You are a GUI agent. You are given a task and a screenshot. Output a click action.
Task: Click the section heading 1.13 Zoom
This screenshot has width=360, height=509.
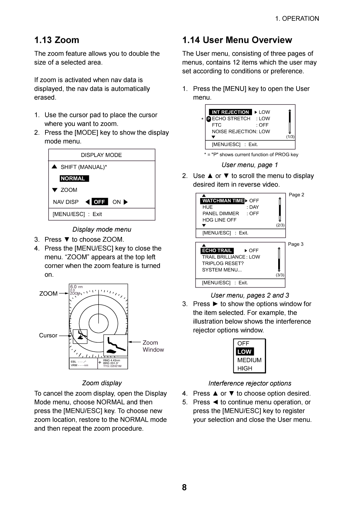[57, 40]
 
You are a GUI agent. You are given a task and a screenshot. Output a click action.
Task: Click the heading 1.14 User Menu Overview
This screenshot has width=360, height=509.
[237, 40]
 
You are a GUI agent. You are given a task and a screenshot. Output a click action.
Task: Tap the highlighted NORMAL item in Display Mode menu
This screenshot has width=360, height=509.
[74, 178]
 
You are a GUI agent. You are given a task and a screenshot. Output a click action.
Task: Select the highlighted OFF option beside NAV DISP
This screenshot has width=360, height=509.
[100, 202]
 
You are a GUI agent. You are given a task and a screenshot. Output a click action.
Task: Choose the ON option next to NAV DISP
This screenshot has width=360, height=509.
[117, 202]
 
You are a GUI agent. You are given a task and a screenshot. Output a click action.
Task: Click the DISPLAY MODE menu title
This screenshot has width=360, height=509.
[101, 155]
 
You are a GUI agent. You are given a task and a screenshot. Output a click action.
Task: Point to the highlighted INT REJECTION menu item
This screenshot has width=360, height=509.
[230, 112]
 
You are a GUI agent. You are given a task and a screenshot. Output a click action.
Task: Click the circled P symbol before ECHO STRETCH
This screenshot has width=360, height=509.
[209, 119]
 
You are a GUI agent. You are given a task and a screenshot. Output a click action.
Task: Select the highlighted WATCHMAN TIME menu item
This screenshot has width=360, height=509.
[223, 201]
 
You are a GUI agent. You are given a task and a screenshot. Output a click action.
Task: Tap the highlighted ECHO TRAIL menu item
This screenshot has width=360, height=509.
[217, 250]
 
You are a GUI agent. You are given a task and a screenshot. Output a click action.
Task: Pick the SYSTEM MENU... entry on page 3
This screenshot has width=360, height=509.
[222, 270]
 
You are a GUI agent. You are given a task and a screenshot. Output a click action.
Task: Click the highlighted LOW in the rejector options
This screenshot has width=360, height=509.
[245, 352]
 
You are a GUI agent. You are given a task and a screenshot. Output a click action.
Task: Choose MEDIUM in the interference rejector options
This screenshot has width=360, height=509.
[249, 360]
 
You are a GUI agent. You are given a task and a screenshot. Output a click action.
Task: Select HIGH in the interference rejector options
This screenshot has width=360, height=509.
[245, 368]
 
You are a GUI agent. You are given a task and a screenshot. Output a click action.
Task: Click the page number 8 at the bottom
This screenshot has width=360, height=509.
[184, 487]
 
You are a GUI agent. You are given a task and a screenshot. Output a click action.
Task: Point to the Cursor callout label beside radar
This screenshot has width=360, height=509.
[48, 335]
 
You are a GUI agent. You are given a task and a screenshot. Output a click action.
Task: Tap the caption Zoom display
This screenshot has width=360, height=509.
[102, 383]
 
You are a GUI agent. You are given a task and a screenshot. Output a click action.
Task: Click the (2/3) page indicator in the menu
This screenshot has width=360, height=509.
[280, 225]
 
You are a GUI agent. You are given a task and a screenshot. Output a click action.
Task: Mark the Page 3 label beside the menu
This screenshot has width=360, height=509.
[296, 244]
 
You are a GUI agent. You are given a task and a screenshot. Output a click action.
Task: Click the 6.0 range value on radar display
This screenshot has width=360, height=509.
[73, 287]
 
